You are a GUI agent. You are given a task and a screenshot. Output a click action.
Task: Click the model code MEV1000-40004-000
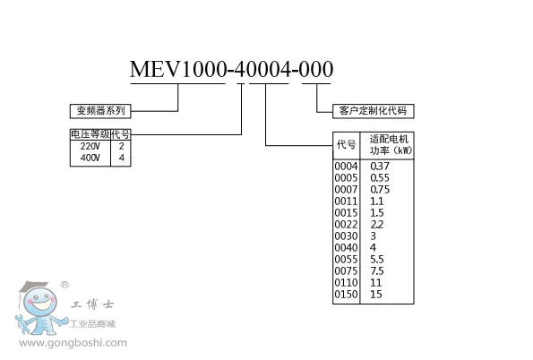[x=231, y=69]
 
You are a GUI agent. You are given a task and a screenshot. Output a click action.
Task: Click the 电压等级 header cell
[x=90, y=134]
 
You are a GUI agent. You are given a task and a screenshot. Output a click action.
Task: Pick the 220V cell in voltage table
[x=90, y=145]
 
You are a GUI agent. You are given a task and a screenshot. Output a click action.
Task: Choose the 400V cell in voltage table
[x=90, y=157]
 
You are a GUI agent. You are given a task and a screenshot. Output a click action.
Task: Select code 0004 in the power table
[x=346, y=166]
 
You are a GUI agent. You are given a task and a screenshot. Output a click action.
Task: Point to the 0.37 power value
[x=380, y=166]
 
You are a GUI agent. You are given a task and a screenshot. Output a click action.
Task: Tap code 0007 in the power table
[x=346, y=189]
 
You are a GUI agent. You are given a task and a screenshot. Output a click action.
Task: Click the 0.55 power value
[x=380, y=177]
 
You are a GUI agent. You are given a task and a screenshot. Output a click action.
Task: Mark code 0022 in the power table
[x=346, y=224]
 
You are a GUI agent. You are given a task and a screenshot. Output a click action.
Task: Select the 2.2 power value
[x=377, y=224]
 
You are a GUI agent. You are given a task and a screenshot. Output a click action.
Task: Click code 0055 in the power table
[x=346, y=259]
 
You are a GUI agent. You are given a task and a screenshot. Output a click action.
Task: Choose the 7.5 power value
[x=376, y=270]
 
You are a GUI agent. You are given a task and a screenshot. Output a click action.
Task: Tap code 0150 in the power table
[x=346, y=294]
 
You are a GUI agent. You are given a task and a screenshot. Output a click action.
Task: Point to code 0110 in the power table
[x=346, y=282]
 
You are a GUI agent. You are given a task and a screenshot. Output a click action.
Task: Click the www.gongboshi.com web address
[x=74, y=342]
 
